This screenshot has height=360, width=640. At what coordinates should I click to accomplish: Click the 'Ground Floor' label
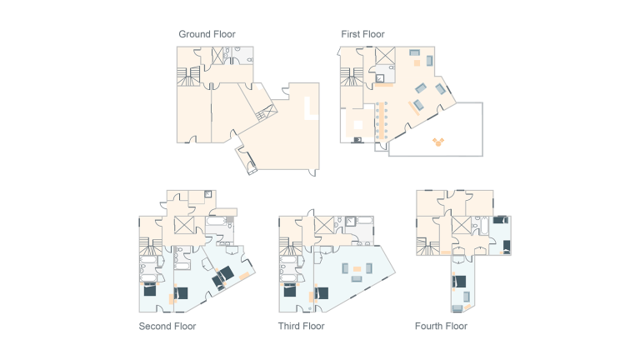pos(207,34)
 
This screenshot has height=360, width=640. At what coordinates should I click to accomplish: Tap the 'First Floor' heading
pos(362,34)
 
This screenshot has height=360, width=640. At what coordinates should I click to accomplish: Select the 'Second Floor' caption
pos(167,326)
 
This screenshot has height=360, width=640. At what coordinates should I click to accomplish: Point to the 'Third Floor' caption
pos(301,326)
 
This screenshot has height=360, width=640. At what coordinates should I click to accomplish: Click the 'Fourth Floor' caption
pos(441,326)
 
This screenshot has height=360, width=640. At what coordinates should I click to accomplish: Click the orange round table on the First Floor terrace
pos(439,142)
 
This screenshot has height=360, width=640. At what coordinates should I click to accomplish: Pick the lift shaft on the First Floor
pos(385,57)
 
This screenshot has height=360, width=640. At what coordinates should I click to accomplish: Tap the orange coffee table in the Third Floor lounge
pos(357,268)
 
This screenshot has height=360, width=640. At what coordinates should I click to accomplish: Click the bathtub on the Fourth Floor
pos(482,226)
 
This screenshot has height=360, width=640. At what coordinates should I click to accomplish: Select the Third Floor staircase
pos(290,247)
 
